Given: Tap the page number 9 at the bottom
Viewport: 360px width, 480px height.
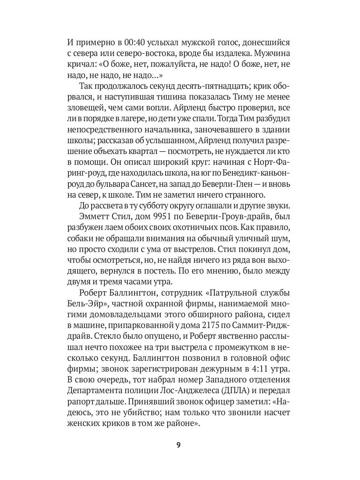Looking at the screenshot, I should tap(180, 446).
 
